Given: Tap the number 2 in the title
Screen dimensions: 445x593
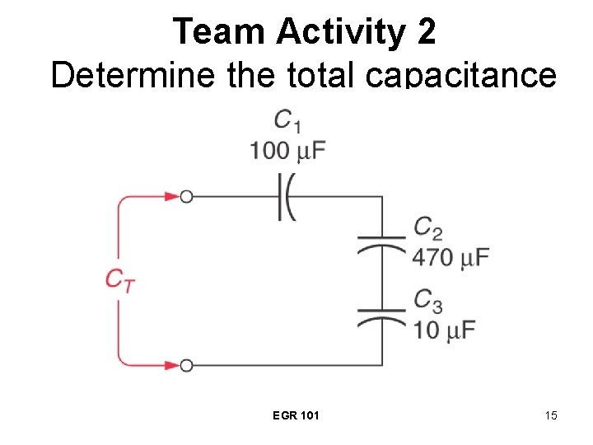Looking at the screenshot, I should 426,31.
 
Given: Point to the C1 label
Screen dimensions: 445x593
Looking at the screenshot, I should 287,122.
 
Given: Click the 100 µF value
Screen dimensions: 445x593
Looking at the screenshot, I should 287,151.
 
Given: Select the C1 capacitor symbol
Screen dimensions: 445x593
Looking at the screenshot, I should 286,197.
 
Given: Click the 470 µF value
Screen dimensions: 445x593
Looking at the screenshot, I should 451,257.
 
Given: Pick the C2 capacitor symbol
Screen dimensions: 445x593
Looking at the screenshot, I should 381,244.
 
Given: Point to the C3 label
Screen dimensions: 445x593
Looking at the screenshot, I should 428,299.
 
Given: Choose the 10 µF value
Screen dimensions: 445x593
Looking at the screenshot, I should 445,330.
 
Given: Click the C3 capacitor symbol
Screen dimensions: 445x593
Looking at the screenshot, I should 381,315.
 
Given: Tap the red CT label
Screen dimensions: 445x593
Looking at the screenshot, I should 119,279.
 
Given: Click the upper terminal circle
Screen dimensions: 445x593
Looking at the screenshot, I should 187,197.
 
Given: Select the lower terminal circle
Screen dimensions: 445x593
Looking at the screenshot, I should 187,364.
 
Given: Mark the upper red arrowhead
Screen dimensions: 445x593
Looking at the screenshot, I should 171,197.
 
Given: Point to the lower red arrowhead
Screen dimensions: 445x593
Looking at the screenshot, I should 171,364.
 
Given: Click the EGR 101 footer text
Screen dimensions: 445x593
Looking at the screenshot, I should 296,415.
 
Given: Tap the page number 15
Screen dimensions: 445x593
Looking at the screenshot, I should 550,415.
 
